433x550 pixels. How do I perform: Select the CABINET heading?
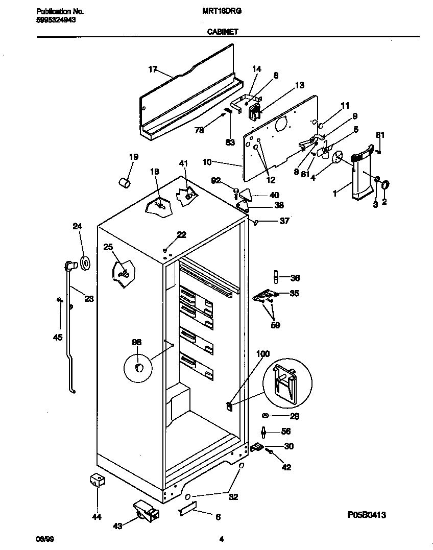(222, 31)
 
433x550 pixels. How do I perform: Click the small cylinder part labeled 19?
(124, 180)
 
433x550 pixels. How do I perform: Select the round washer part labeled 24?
(85, 263)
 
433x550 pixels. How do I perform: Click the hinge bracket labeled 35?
(266, 295)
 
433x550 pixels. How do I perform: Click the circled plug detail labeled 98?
(138, 368)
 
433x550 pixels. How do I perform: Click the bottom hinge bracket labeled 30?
(257, 447)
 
